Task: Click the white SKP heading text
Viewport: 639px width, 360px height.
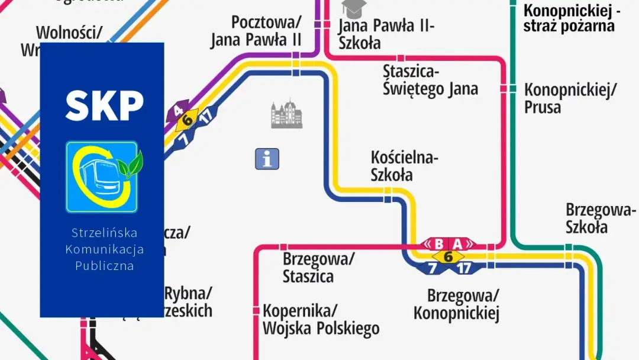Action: click(x=104, y=106)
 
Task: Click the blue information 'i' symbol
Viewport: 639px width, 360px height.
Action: click(x=267, y=159)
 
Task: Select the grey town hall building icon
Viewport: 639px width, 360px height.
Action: click(x=286, y=114)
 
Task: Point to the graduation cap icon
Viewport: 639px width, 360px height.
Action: click(x=354, y=8)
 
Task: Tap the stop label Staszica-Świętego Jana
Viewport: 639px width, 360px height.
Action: click(x=430, y=81)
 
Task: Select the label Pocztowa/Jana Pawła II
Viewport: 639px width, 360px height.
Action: click(x=256, y=31)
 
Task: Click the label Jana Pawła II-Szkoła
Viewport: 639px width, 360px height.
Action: click(x=386, y=34)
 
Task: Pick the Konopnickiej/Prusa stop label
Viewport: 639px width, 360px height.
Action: click(x=570, y=98)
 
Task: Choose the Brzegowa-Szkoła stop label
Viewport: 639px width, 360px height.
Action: click(x=601, y=218)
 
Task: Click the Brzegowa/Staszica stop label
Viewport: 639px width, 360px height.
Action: click(x=318, y=268)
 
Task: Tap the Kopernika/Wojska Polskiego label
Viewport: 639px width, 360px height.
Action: click(x=321, y=319)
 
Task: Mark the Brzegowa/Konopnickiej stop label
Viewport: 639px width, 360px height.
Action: click(x=456, y=304)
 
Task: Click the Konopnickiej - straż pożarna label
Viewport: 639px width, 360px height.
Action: click(x=572, y=18)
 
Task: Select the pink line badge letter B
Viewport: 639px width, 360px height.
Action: click(x=438, y=244)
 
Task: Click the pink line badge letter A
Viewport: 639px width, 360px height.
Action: click(x=457, y=244)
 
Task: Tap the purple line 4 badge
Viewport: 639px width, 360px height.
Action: click(x=177, y=111)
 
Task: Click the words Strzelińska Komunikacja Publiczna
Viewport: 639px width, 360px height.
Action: click(x=104, y=249)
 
